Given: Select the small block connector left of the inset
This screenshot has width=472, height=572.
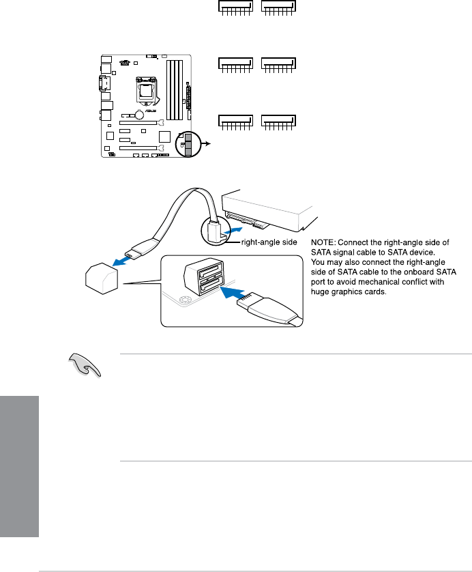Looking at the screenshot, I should tap(101, 279).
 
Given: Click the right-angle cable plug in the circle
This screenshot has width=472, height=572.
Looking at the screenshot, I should tap(215, 232).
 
